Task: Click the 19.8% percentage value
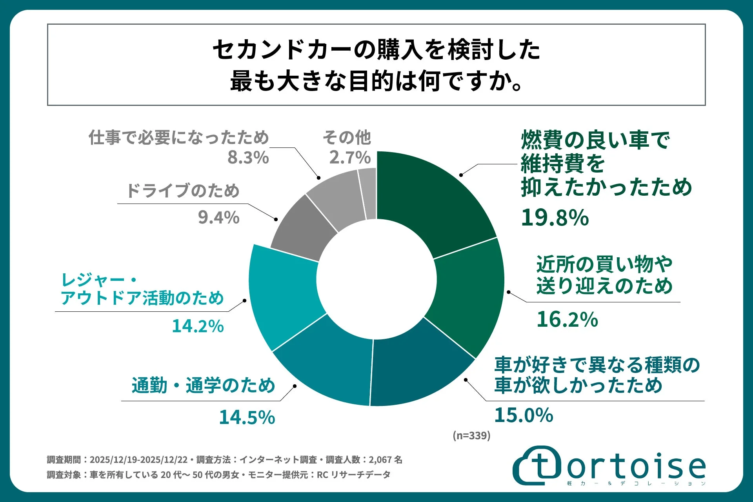[x=555, y=218]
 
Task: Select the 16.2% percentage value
[x=567, y=319]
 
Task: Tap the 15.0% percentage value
[x=524, y=415]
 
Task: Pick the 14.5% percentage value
[x=247, y=417]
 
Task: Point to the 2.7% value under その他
[x=349, y=158]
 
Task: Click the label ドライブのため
[x=183, y=191]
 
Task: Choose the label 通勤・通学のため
[x=203, y=385]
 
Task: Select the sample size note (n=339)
[x=471, y=435]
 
